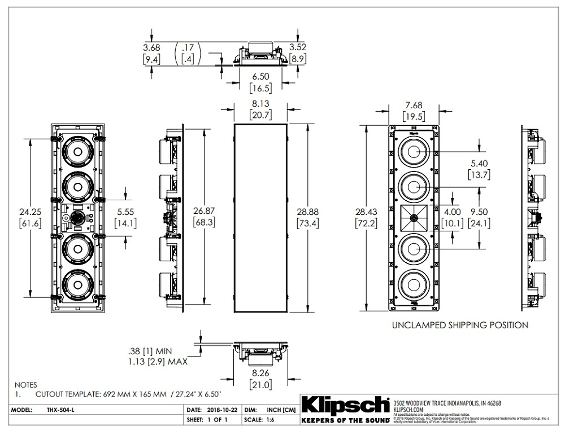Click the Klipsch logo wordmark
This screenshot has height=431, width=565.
tap(346, 406)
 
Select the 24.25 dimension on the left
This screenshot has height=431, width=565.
tap(28, 210)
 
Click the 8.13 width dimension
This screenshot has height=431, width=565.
tap(260, 104)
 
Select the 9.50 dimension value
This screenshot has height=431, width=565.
tap(485, 210)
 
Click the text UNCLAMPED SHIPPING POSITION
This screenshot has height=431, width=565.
tap(460, 325)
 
